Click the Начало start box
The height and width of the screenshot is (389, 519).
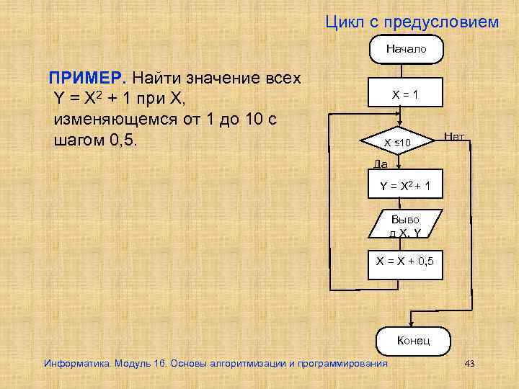click(x=406, y=49)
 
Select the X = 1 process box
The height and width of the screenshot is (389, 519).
click(x=406, y=94)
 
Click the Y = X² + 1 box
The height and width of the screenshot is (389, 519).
click(x=406, y=187)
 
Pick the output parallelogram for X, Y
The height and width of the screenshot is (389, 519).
click(x=404, y=225)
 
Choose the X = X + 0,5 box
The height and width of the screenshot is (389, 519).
click(x=405, y=261)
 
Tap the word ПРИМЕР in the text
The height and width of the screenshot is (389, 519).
click(x=76, y=77)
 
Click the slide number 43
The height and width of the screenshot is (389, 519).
click(x=470, y=363)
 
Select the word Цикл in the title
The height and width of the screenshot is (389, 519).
click(x=345, y=22)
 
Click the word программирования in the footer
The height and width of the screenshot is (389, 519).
click(x=345, y=363)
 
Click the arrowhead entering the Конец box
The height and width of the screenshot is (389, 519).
click(x=412, y=324)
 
